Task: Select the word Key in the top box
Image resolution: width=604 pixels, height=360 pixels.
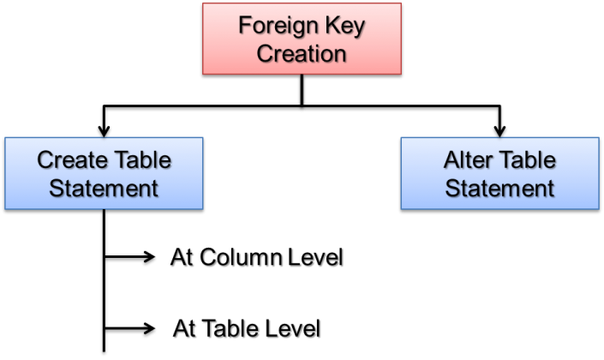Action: click(344, 26)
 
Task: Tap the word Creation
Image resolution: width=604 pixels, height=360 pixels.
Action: click(302, 53)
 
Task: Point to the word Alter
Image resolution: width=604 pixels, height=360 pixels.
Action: click(464, 159)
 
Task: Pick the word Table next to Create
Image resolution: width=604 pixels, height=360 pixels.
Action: click(144, 159)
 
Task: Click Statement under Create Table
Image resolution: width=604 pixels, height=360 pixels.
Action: click(104, 187)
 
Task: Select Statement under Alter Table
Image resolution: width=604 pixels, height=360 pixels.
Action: click(499, 187)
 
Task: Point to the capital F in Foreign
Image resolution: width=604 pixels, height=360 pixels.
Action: click(244, 26)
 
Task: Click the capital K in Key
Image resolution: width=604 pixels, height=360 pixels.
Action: click(330, 26)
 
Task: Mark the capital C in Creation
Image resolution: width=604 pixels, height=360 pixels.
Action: click(265, 53)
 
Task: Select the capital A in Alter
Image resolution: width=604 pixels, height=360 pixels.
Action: click(450, 159)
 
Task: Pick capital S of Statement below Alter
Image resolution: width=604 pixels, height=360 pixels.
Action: click(452, 187)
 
